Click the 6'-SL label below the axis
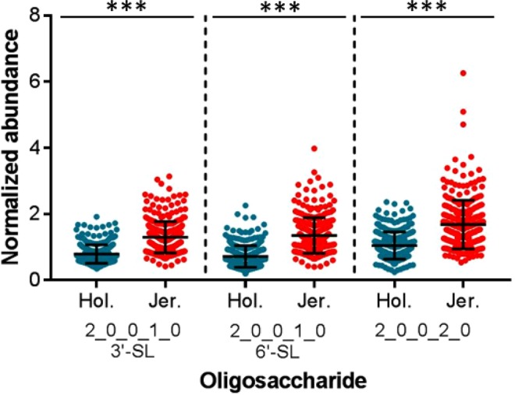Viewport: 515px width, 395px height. pos(279,345)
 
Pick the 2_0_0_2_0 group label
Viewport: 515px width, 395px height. pos(428,330)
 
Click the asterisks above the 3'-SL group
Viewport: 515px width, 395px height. pos(129,8)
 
